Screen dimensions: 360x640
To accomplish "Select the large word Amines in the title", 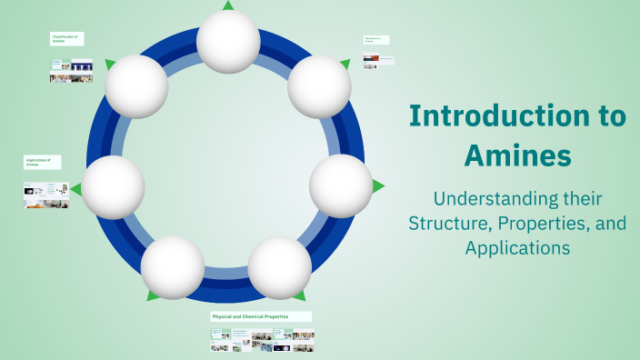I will click(517, 155).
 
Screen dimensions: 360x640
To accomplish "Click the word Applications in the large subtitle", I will click(517, 246).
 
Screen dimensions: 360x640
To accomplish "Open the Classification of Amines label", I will click(65, 39).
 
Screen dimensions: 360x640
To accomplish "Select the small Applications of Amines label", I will click(42, 162).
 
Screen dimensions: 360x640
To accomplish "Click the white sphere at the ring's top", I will click(228, 42).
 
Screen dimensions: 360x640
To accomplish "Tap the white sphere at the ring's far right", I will click(341, 185).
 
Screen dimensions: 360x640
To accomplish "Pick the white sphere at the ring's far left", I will click(114, 187).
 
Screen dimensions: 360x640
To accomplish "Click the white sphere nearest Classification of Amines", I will click(136, 86).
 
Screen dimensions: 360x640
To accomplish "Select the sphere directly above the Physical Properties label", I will click(280, 267).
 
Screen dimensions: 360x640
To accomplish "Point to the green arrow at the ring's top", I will click(228, 5).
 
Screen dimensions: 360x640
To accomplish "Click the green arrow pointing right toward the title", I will click(378, 185).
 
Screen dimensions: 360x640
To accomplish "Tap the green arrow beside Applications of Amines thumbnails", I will click(76, 189).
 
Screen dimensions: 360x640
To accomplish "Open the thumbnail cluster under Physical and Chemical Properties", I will click(263, 340).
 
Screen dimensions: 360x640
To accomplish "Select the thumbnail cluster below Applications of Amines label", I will click(45, 196).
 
